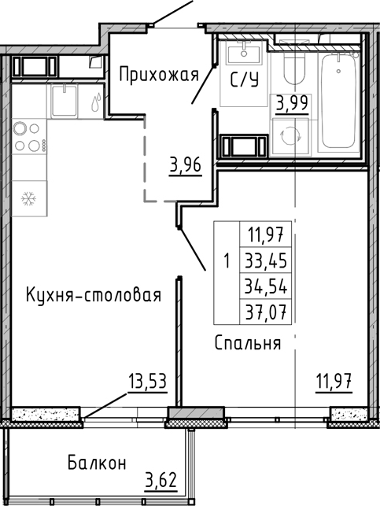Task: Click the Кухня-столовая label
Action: click(x=93, y=295)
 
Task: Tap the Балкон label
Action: click(x=96, y=463)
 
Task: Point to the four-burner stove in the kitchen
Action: click(x=29, y=135)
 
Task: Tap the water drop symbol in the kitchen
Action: click(x=95, y=100)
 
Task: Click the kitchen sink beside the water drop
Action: click(x=64, y=100)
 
